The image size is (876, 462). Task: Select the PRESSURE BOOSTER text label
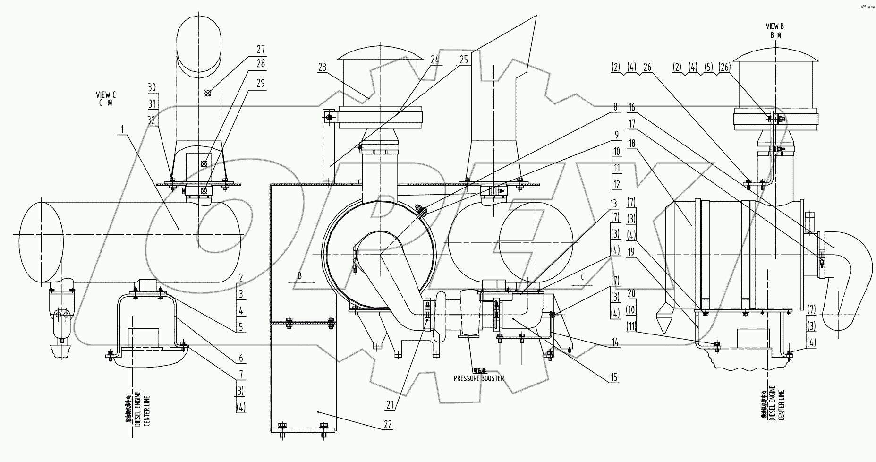click(x=478, y=378)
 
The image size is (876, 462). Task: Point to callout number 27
click(x=261, y=50)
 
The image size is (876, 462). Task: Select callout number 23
click(x=322, y=68)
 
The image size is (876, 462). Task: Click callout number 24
click(x=435, y=60)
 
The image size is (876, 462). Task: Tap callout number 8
click(x=615, y=107)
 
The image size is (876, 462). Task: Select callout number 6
click(x=241, y=359)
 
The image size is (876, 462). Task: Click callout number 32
click(x=151, y=120)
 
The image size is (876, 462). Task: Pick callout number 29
click(x=261, y=84)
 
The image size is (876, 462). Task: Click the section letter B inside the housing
click(x=300, y=275)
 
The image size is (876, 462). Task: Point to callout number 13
click(x=614, y=204)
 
